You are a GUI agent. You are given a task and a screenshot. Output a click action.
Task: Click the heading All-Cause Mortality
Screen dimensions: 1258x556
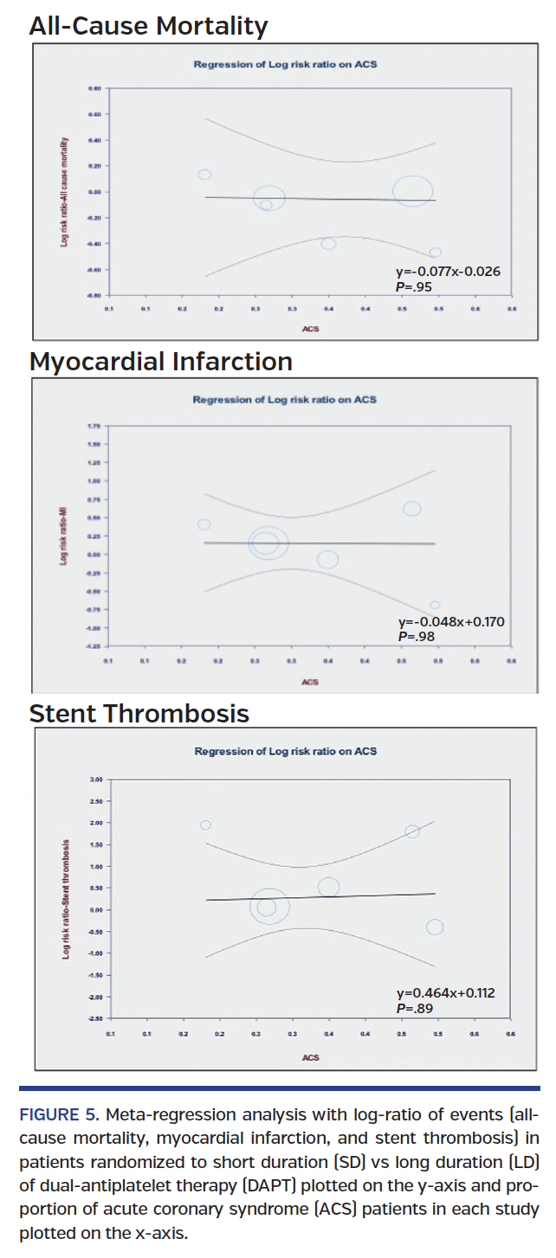click(148, 26)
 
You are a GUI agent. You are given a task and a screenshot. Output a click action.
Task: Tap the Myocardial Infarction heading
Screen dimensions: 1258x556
click(160, 361)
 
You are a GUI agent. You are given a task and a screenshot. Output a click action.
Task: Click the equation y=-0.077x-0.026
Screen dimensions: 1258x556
click(448, 272)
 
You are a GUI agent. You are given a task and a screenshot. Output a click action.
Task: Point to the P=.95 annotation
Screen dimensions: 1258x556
click(413, 286)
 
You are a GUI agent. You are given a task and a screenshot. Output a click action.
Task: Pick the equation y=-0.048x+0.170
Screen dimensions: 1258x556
click(450, 621)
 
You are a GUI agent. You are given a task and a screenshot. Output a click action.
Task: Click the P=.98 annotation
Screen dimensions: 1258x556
click(416, 636)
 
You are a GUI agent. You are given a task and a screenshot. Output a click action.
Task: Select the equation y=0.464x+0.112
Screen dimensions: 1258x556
click(446, 993)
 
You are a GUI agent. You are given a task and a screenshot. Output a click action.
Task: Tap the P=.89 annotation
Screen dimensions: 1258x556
click(415, 1008)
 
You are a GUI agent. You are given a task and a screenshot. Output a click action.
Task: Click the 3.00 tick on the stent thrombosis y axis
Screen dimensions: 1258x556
click(95, 780)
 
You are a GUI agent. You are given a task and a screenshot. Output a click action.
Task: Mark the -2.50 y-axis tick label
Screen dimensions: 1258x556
click(94, 1018)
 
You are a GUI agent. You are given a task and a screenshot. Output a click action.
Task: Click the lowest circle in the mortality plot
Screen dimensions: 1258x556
click(436, 252)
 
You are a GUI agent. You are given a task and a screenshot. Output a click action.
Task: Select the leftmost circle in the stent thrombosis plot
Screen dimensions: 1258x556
click(205, 825)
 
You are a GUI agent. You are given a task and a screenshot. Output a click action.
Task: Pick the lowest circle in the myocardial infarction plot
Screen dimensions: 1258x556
click(436, 605)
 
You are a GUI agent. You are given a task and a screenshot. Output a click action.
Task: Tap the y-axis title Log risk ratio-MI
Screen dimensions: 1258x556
click(64, 536)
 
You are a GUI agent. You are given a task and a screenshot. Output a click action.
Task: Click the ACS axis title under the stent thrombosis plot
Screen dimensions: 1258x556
click(310, 1057)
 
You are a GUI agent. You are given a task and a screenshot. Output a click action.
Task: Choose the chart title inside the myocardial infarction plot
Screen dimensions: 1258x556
click(284, 400)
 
